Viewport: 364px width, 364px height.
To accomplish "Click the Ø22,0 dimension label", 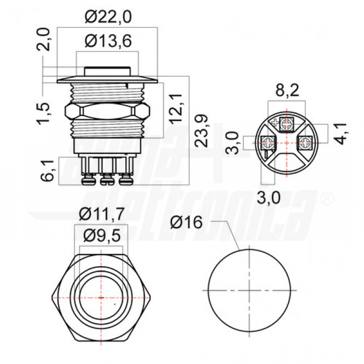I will [x=108, y=18].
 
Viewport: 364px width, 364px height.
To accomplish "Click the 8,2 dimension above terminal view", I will [x=287, y=92].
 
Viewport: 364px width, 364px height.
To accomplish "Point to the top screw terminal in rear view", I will [x=287, y=124].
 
